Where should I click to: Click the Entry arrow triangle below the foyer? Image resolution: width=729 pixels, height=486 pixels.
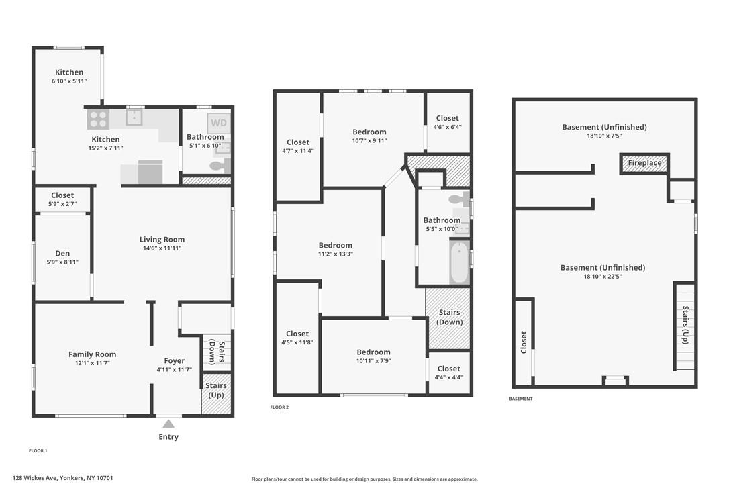168,424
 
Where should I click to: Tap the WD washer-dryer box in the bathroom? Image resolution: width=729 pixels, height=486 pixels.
219,124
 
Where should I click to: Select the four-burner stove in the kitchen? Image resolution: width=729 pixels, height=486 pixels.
98,119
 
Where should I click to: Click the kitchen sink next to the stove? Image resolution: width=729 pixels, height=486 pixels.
134,117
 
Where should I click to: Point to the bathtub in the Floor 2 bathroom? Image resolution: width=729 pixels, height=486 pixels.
459,262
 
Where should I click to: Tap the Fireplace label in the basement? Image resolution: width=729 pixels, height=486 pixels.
644,163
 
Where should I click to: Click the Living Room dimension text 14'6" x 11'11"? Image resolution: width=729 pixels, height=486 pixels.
162,248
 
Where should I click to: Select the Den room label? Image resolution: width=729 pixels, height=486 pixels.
62,254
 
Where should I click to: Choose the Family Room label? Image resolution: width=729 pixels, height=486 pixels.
92,354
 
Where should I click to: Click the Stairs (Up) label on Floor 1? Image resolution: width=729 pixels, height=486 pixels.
215,390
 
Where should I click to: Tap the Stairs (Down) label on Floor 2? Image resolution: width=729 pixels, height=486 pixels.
450,318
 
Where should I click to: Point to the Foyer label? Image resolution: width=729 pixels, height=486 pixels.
175,361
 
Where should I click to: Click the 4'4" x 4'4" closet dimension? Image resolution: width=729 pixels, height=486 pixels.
448,377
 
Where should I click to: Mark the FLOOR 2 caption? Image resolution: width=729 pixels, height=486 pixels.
279,407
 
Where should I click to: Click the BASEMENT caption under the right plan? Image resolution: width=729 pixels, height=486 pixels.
521,399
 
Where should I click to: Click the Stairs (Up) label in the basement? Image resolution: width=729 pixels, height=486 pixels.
685,325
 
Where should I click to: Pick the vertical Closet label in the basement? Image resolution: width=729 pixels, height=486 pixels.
524,342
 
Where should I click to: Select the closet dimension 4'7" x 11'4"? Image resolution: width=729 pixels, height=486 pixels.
297,150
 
